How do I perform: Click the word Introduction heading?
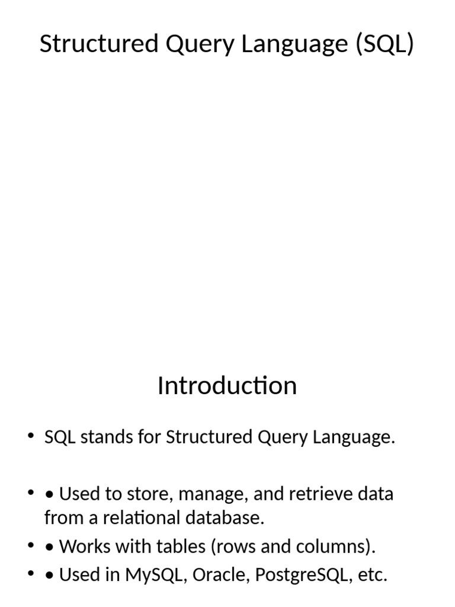[x=227, y=386]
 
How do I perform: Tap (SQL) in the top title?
[x=385, y=44]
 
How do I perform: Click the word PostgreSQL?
[x=290, y=575]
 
